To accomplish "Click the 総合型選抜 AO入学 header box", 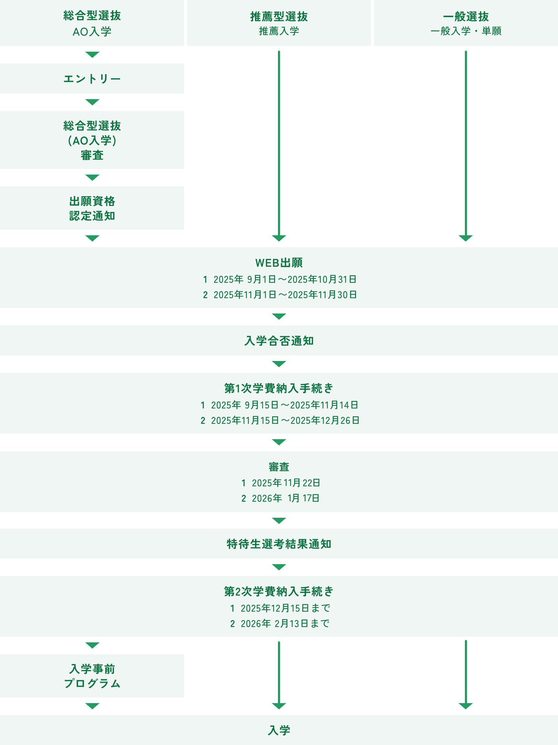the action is point(92,23).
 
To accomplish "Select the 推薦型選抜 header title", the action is point(279,16).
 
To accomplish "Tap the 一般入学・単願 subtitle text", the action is point(466,31).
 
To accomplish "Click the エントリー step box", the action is point(92,79).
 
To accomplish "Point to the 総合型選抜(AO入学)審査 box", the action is point(92,140).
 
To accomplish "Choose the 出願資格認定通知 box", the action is point(92,208).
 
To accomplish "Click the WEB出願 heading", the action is point(279,263).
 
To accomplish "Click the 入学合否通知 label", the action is point(279,341).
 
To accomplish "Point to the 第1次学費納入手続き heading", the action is point(279,388).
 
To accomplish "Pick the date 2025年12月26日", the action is point(325,420).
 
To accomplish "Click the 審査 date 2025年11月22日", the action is point(286,483).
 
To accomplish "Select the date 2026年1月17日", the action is point(286,498).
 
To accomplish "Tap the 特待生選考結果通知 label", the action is point(279,544).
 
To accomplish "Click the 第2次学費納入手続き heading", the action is point(279,591).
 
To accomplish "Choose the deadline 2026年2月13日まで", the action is point(285,624).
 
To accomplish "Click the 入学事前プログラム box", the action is point(92,676).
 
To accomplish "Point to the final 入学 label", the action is point(279,730).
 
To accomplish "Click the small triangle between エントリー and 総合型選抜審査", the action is point(92,102).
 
